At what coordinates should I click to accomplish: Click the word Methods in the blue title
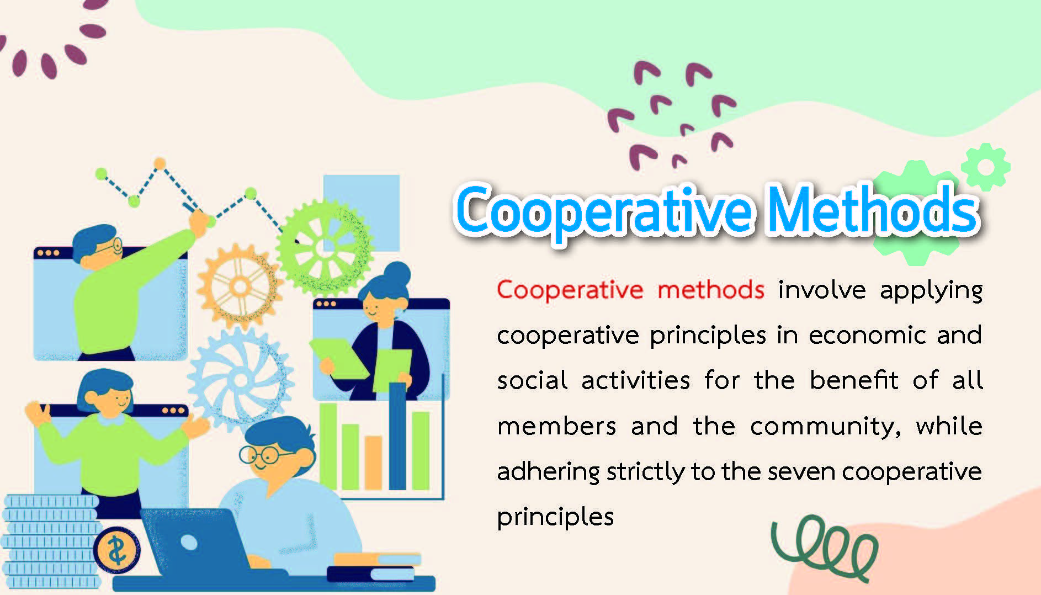873,210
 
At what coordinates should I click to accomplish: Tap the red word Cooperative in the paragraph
570,290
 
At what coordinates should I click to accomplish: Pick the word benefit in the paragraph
854,380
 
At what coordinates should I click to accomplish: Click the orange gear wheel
240,286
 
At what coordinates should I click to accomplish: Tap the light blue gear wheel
240,380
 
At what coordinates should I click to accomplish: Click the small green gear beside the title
986,167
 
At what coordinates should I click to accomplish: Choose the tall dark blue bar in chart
397,436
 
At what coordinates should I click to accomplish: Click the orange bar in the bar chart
373,463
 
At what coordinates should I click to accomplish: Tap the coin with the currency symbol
116,550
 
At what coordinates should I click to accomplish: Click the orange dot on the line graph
160,163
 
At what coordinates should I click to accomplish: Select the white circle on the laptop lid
189,543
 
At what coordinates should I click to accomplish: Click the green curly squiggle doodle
824,547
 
